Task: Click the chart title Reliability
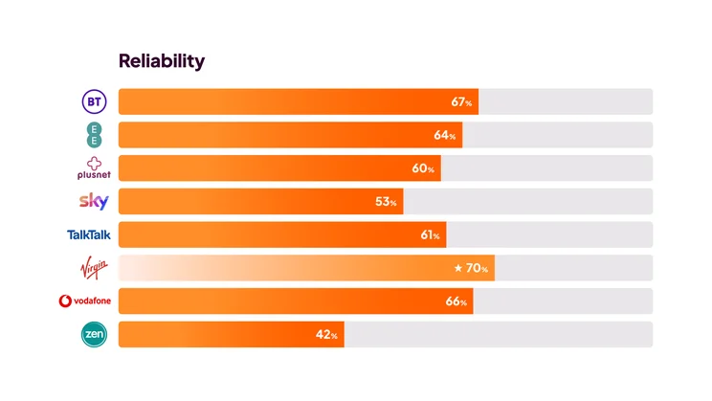pos(161,61)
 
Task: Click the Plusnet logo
pos(94,167)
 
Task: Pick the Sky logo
pos(93,201)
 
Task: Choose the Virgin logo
pos(94,267)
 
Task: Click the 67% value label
pos(461,101)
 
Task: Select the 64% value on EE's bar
pos(445,135)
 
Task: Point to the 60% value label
pos(423,168)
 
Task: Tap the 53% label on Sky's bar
pos(387,202)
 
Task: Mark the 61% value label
pos(429,235)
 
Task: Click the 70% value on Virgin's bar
pos(478,268)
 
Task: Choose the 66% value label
pos(456,301)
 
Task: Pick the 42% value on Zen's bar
pos(327,335)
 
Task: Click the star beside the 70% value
pos(457,268)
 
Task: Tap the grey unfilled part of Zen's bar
pos(498,335)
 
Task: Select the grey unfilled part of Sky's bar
pos(527,202)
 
